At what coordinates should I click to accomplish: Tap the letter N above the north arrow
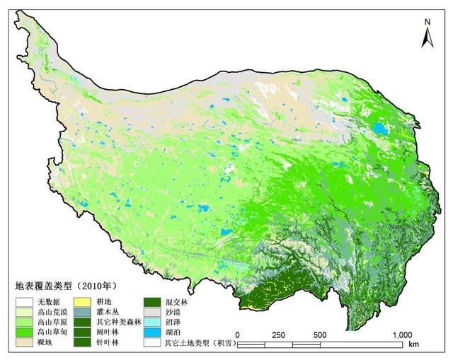click(428, 22)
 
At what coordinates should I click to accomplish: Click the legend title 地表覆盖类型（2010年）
click(65, 286)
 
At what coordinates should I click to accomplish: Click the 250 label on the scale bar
click(279, 335)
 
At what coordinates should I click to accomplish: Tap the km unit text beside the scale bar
click(413, 345)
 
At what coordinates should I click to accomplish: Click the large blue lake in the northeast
click(380, 129)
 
